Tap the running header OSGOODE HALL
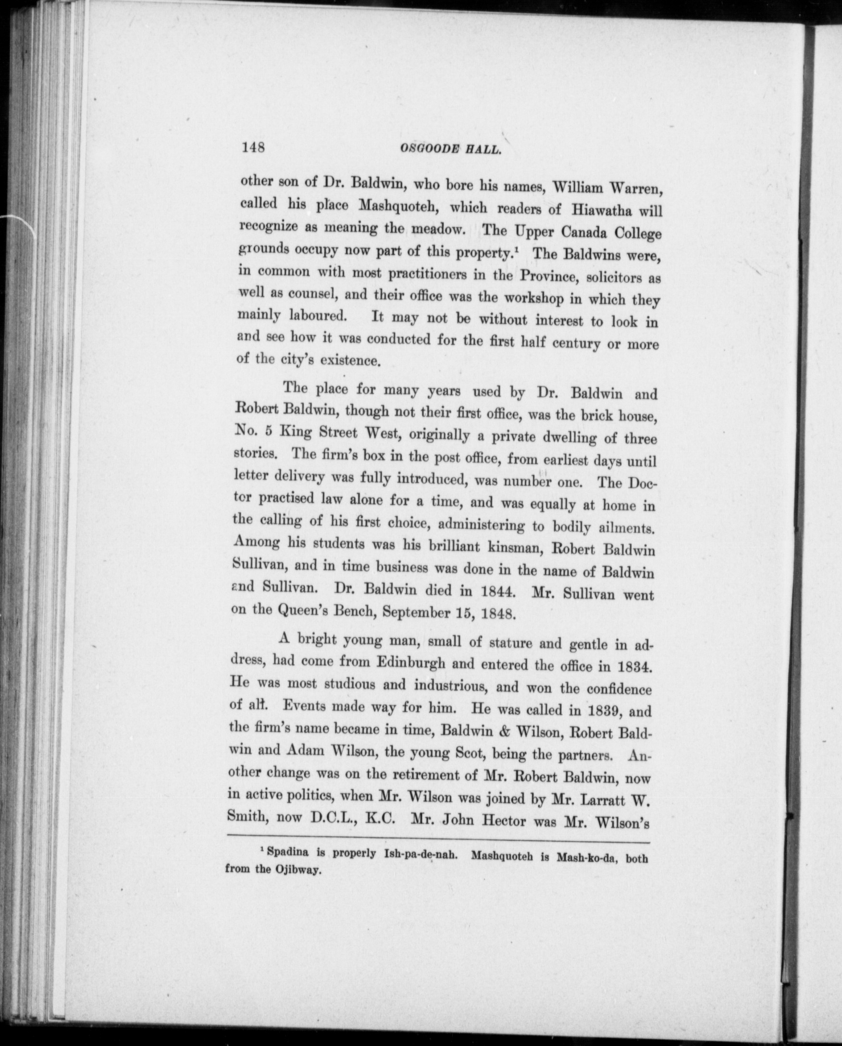tap(451, 149)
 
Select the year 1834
tap(631, 667)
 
